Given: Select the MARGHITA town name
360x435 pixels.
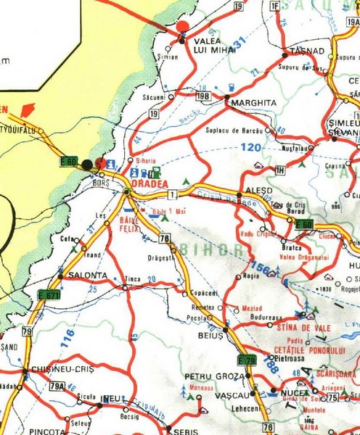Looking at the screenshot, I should tap(253, 103).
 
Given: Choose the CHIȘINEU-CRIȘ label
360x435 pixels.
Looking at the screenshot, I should tap(57, 370).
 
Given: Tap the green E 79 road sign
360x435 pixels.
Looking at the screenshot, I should tap(247, 360).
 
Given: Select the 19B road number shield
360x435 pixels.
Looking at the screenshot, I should tap(204, 94).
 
